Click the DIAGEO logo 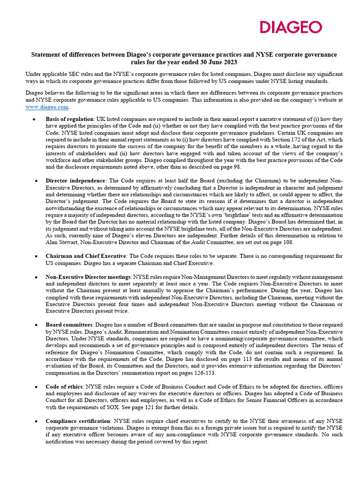[291, 27]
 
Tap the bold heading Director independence [75, 180]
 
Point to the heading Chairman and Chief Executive [86, 256]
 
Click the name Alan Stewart [61, 242]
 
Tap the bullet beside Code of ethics [36, 387]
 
